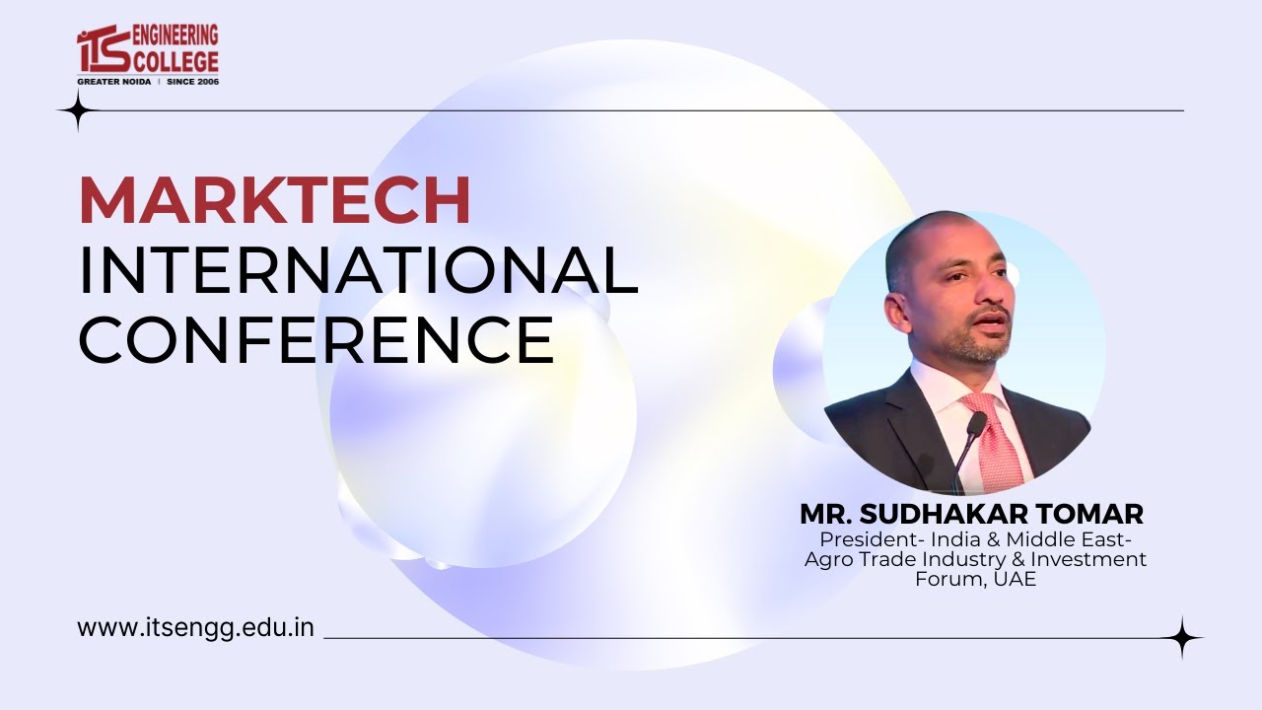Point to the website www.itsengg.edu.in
(195, 628)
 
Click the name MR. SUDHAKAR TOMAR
(971, 514)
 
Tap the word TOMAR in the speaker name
(1096, 514)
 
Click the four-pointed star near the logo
(76, 110)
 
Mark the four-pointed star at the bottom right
(1182, 638)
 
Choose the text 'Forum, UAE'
(976, 579)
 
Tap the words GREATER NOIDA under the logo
(113, 81)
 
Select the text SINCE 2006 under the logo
(192, 81)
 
